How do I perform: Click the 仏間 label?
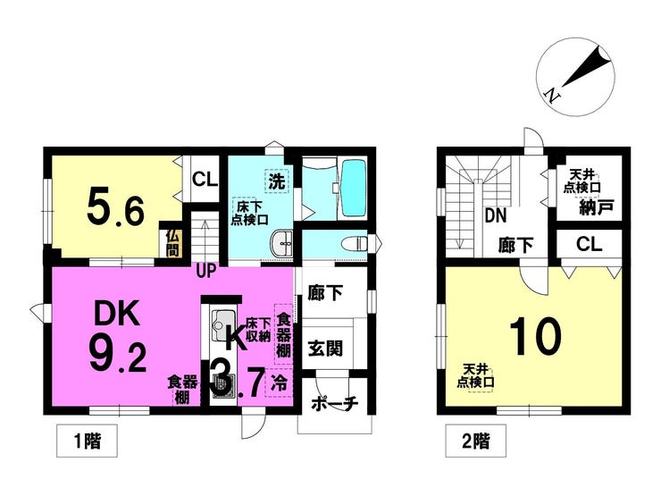point(172,243)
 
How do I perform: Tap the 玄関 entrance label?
point(325,349)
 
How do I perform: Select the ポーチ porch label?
point(334,404)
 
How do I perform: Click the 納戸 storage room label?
point(596,207)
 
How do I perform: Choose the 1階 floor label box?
point(88,441)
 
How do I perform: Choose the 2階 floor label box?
point(476,441)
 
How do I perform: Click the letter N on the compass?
point(552,95)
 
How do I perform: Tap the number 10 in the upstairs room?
point(535,337)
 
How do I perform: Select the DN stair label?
point(496,216)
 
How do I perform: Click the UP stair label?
point(206,270)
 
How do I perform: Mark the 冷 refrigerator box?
point(279,383)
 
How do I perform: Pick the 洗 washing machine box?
point(277,181)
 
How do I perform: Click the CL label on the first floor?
point(205,180)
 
